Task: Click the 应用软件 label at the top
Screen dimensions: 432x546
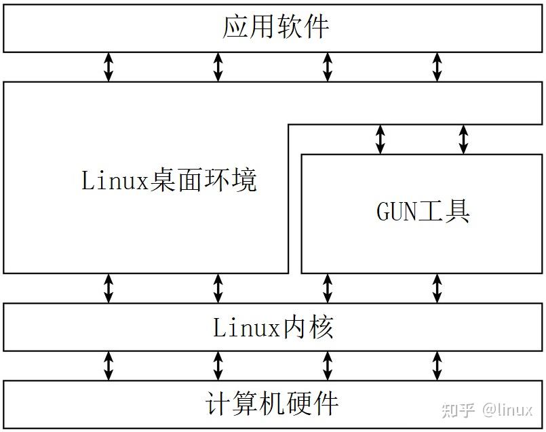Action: click(275, 28)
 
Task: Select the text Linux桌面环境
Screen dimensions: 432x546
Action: click(170, 181)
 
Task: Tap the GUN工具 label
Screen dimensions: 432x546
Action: click(423, 211)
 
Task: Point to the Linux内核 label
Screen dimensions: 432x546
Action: click(273, 328)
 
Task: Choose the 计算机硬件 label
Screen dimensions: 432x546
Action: click(271, 404)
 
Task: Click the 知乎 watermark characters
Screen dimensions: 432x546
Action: click(459, 410)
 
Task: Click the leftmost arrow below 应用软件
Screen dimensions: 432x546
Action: click(108, 67)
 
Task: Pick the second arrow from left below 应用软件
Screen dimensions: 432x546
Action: click(218, 67)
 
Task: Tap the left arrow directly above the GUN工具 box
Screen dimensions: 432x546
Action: click(381, 139)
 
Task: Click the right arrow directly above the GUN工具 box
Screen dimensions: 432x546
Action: click(463, 139)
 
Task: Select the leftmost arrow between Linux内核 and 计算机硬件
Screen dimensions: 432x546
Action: click(108, 366)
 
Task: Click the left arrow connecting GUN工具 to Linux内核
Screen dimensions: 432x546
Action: click(328, 288)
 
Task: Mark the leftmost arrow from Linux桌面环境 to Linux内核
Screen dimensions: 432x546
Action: click(108, 288)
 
